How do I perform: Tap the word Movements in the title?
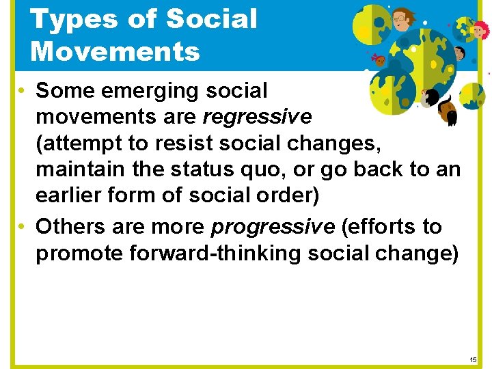click(x=115, y=51)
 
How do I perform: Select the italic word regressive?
click(x=258, y=117)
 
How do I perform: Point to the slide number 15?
click(x=474, y=359)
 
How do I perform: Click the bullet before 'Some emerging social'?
click(x=22, y=91)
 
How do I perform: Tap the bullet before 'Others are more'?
click(x=22, y=227)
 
